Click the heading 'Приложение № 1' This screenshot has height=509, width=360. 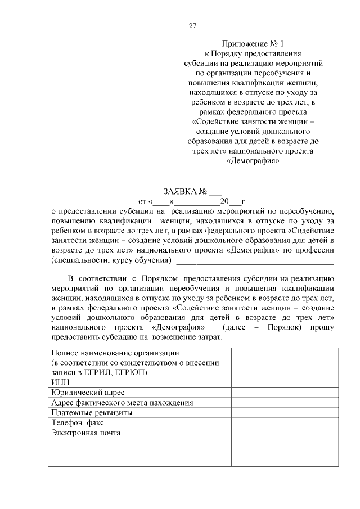coord(254,43)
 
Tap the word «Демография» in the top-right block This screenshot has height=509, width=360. coord(254,161)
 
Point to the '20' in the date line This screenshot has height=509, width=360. coord(225,201)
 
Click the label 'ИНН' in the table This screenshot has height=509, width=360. coord(58,382)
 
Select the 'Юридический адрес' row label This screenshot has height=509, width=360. coord(87,392)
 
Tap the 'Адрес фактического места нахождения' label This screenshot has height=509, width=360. coord(121,402)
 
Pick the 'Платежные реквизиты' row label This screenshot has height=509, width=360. coord(91,412)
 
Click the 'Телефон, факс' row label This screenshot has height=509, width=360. coord(78,422)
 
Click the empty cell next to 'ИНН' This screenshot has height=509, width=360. coord(284,382)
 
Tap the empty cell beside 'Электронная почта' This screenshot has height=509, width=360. coord(284,447)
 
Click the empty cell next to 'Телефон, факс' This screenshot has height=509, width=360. coord(284,422)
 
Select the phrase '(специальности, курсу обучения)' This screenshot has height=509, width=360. coord(110,261)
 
